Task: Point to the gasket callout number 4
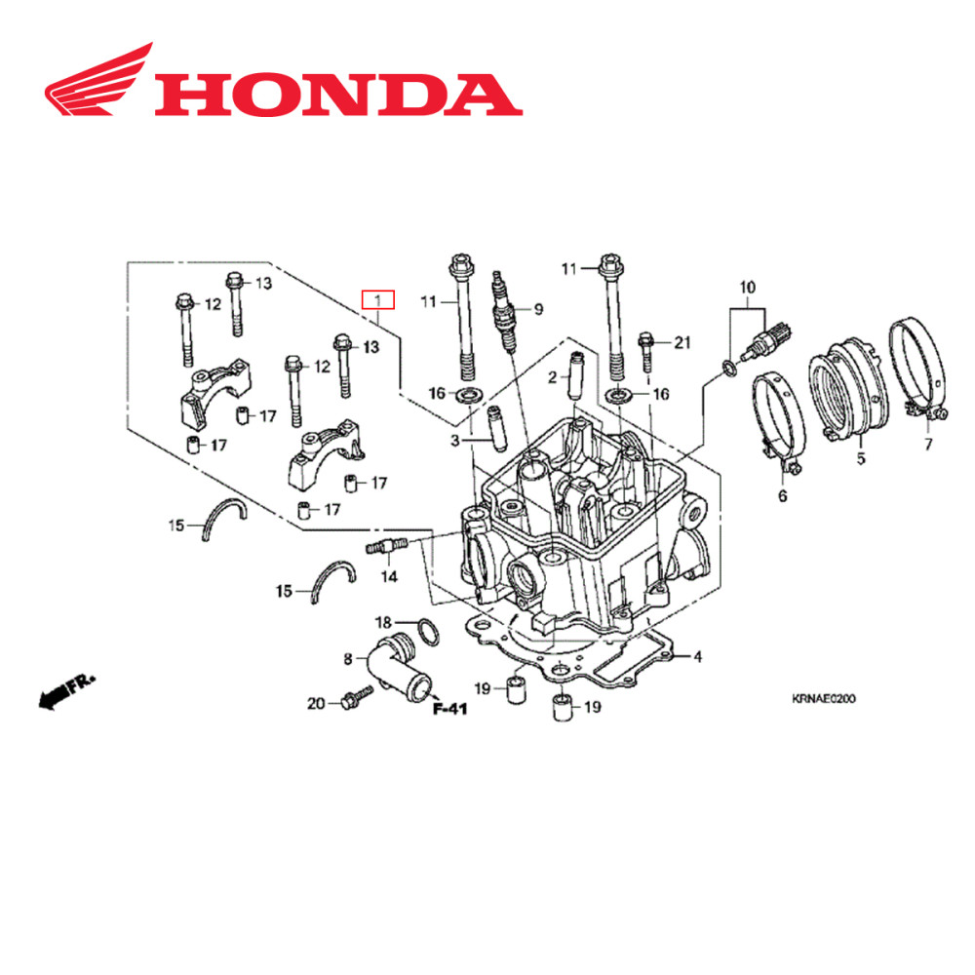(698, 656)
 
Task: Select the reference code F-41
(450, 709)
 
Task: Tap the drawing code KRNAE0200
(823, 698)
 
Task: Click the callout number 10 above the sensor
(748, 288)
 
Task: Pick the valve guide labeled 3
(493, 428)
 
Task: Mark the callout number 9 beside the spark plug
(537, 310)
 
